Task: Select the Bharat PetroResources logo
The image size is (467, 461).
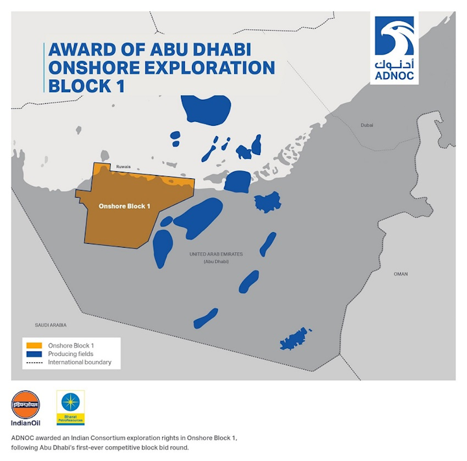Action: pyautogui.click(x=70, y=407)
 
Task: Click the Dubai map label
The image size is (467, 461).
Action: pyautogui.click(x=368, y=125)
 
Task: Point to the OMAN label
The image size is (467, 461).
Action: pyautogui.click(x=401, y=274)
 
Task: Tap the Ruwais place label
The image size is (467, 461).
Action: pyautogui.click(x=123, y=167)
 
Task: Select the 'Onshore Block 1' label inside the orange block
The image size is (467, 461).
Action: pyautogui.click(x=124, y=206)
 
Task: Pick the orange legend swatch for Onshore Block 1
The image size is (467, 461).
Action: pyautogui.click(x=32, y=345)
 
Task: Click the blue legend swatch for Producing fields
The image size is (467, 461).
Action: pyautogui.click(x=32, y=354)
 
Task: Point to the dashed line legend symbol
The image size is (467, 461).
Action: pyautogui.click(x=32, y=362)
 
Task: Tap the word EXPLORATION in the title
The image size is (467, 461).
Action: pyautogui.click(x=211, y=68)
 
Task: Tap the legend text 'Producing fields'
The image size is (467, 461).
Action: pyautogui.click(x=71, y=354)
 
